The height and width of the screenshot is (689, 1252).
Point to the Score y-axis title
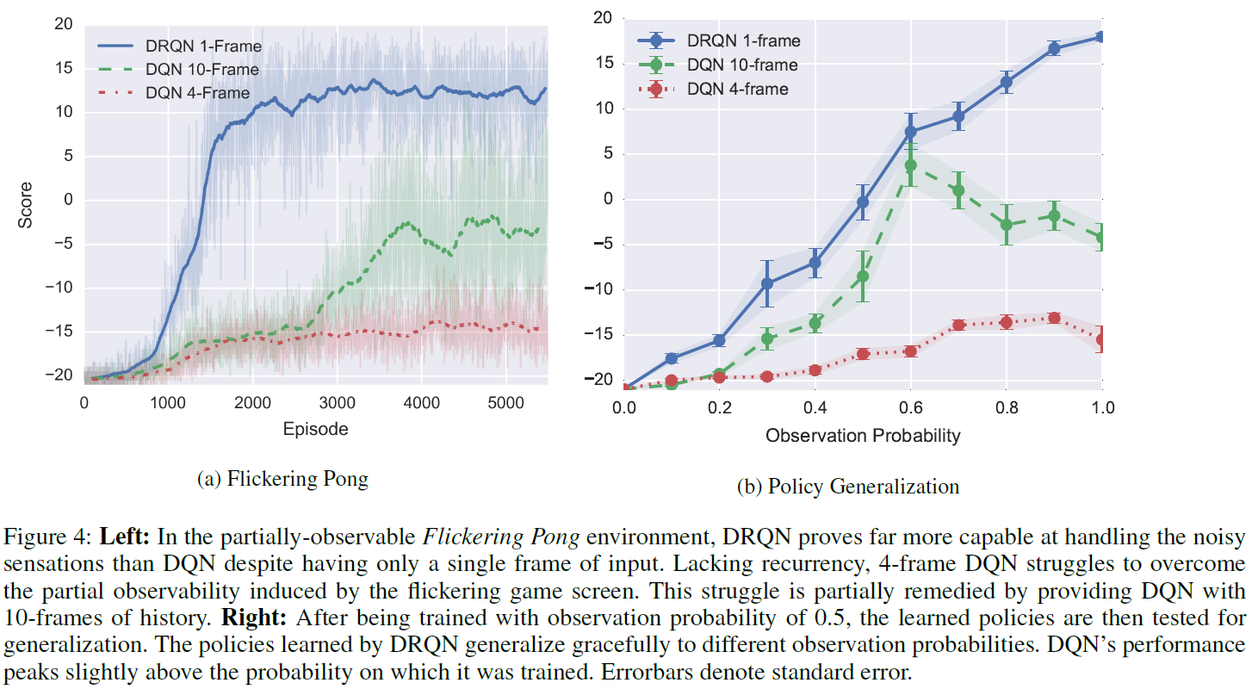[x=26, y=204]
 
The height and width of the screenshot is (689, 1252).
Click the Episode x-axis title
[x=315, y=428]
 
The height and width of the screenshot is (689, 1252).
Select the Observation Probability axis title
[x=862, y=435]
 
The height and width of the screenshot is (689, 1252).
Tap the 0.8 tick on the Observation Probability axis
[x=1006, y=407]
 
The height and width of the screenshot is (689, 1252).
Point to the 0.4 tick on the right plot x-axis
[x=815, y=407]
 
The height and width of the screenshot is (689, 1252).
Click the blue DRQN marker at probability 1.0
[x=1101, y=37]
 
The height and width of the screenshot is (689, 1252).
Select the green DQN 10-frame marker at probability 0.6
[x=910, y=164]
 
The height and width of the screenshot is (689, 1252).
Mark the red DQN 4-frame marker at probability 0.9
[x=1054, y=318]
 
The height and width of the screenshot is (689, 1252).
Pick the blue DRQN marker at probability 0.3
[x=767, y=283]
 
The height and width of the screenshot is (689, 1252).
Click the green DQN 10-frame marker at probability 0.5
[x=863, y=276]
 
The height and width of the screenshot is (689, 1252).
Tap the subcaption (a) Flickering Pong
[x=282, y=479]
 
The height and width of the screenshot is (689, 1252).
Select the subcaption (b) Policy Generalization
[x=848, y=487]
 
